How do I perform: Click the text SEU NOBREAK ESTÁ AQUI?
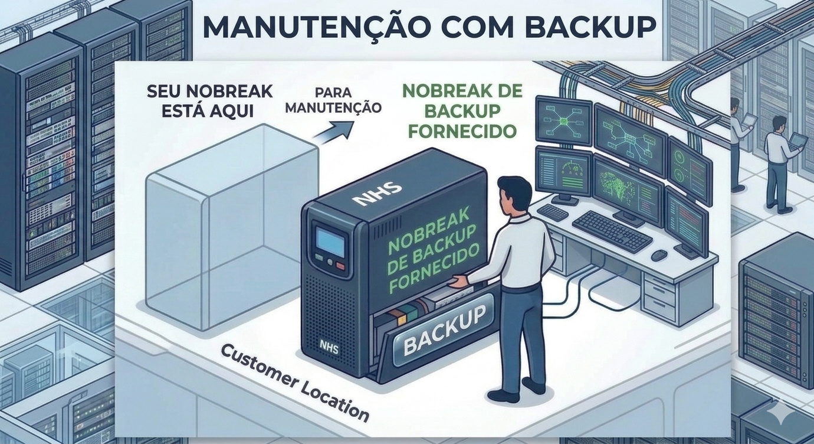click(209, 100)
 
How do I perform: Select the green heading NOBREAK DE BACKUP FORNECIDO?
click(462, 110)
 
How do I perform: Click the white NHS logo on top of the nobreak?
click(376, 194)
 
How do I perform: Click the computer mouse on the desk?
click(659, 255)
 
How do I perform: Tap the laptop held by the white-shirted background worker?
click(799, 141)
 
